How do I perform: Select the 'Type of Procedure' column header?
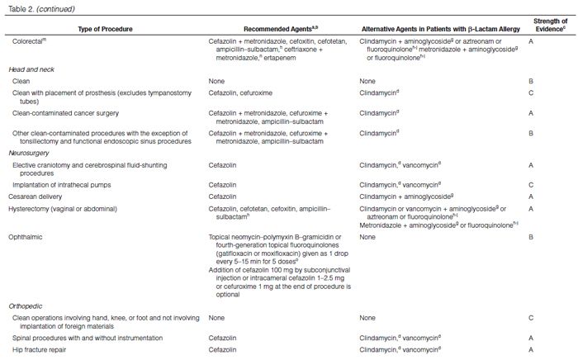(105, 29)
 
